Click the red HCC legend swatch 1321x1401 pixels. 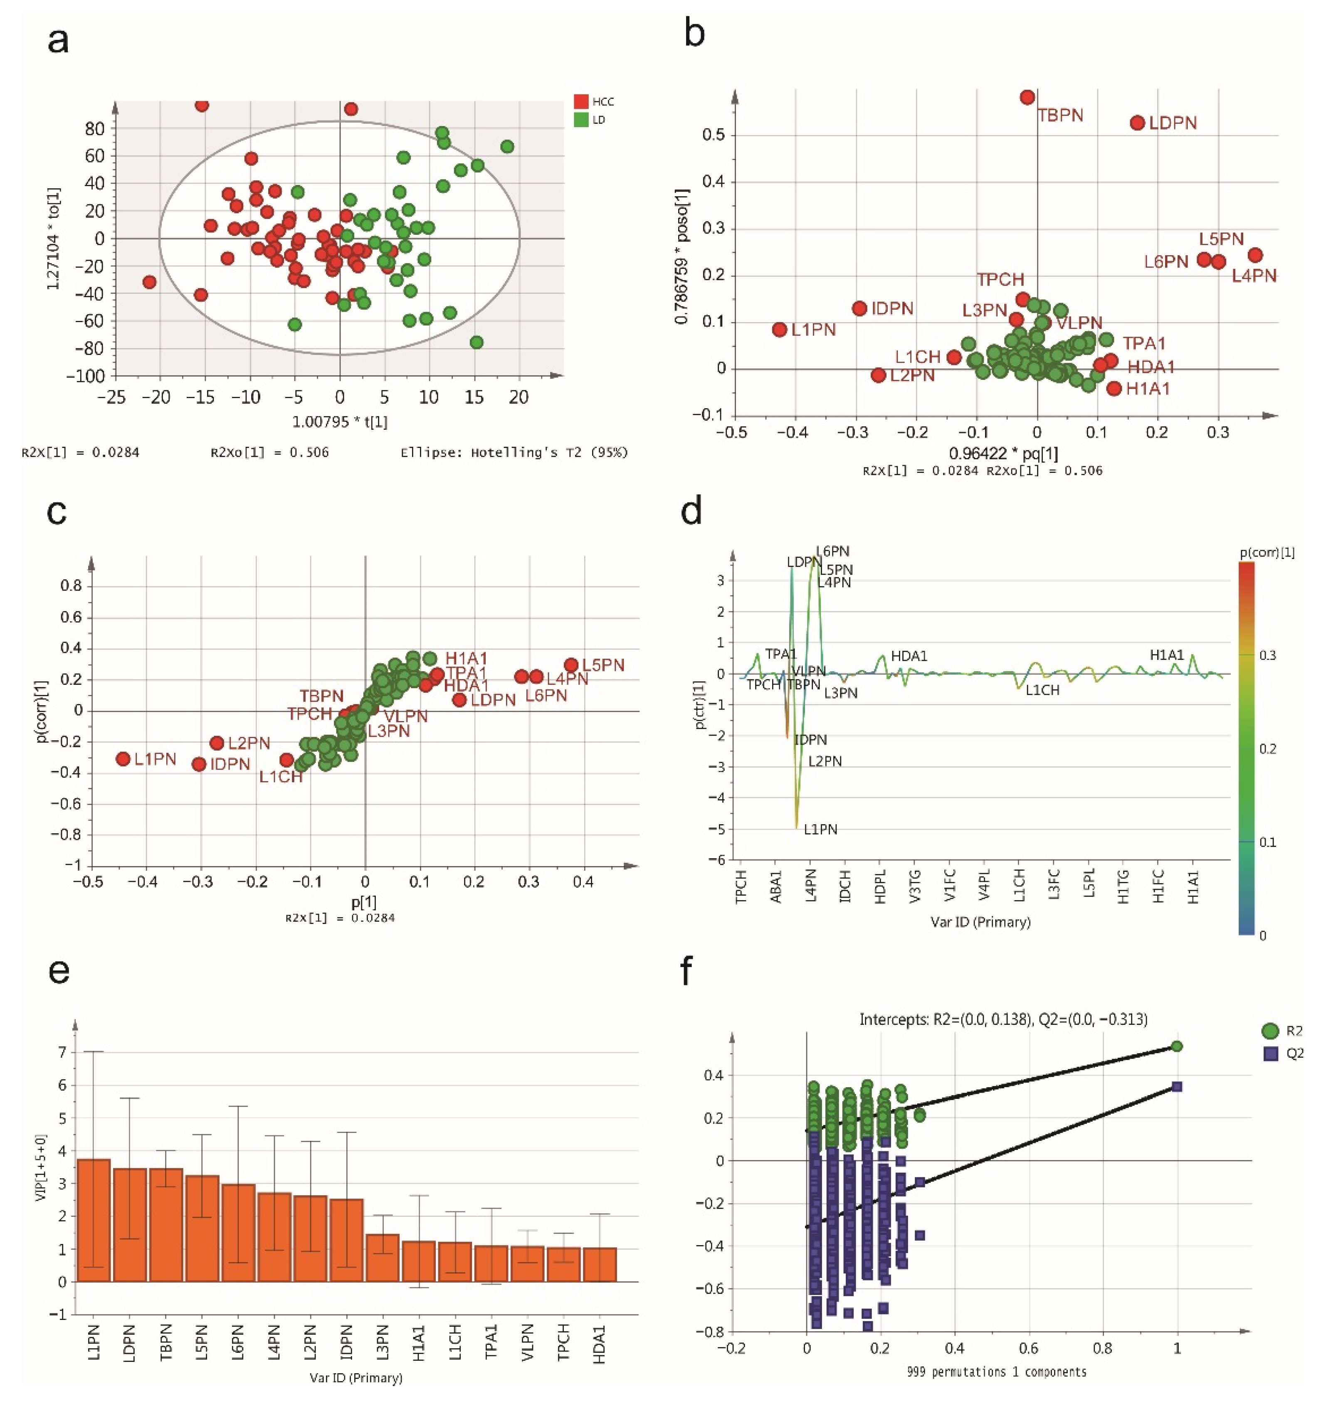[581, 101]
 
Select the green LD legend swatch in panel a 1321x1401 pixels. [581, 120]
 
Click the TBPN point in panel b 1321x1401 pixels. [1027, 97]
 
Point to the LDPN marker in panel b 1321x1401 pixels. [1137, 123]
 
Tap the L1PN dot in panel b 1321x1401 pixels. [779, 330]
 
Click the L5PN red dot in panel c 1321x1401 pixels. [571, 665]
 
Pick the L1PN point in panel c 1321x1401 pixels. [123, 759]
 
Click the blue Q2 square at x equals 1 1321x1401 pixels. [1176, 1087]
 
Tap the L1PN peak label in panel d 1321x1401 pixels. [820, 830]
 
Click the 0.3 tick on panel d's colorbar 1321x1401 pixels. [1267, 655]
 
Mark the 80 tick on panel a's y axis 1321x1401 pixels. [94, 129]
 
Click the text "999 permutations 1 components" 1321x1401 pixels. [996, 1371]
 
